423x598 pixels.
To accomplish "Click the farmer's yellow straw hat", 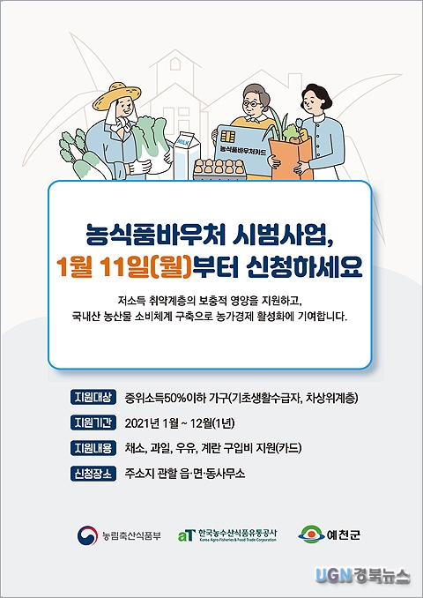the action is tap(116, 95).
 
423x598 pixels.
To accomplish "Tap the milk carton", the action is tap(186, 155).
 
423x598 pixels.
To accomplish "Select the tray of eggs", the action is tap(220, 169).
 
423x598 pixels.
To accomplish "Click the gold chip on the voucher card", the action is tap(227, 136).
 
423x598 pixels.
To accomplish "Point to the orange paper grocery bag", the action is tap(291, 158).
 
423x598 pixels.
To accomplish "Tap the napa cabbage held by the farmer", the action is tap(151, 144).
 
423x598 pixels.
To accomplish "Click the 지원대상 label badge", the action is tap(93, 398).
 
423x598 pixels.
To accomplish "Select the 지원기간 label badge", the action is tap(93, 423).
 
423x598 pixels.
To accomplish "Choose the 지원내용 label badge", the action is tap(93, 448).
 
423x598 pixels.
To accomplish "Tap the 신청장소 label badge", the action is tap(93, 474).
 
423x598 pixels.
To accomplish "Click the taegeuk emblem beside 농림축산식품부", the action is tap(87, 535).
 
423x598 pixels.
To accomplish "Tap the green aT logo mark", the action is tap(187, 535).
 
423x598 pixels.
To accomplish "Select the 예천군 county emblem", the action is tap(311, 534).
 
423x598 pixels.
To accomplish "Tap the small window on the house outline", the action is tap(175, 64).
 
